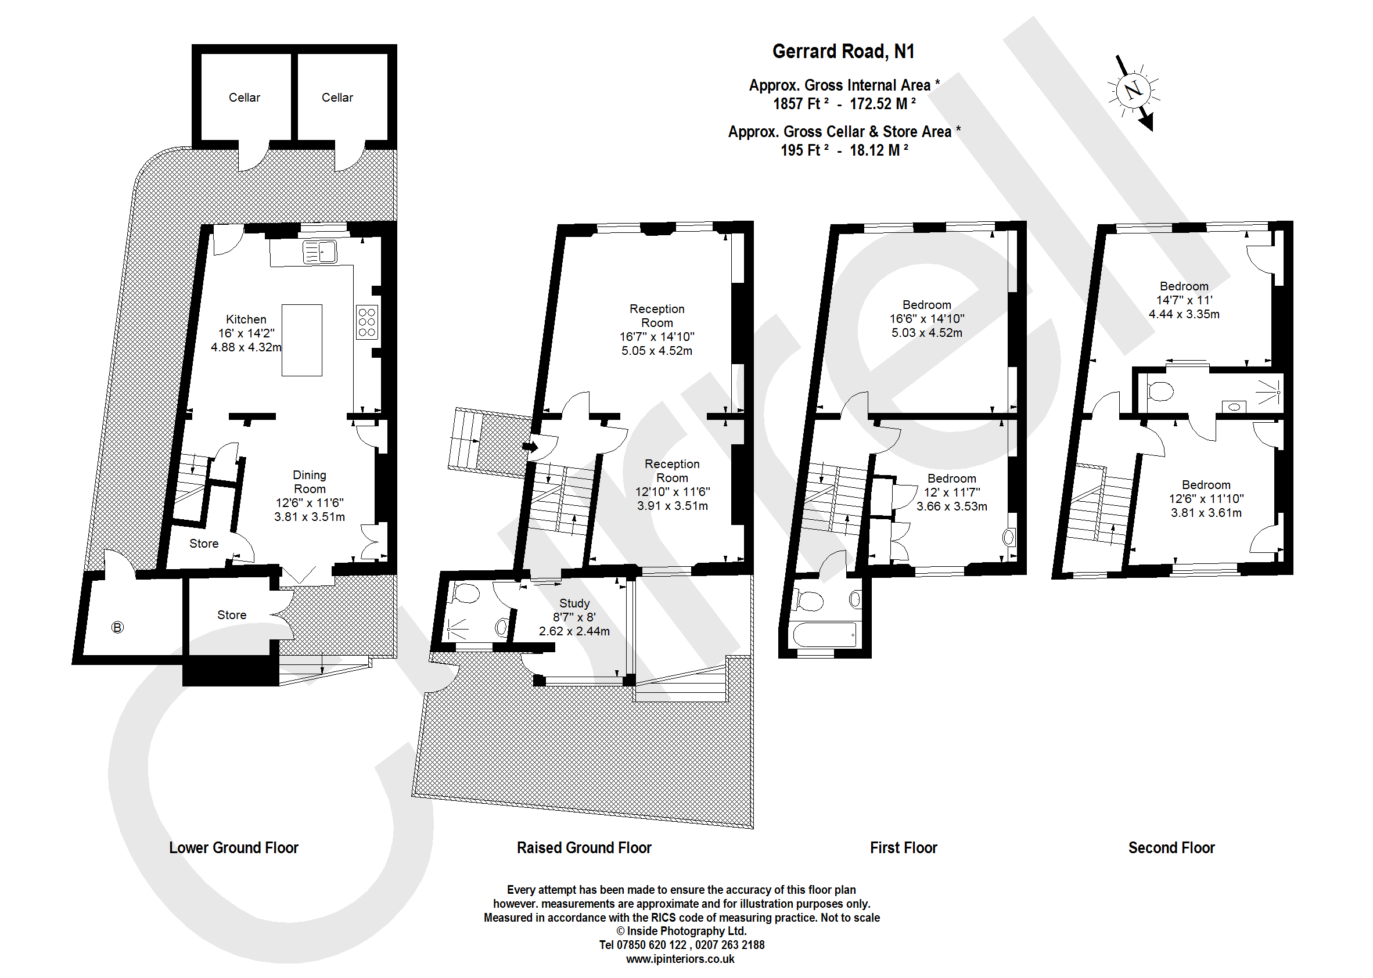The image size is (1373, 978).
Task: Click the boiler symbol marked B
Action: (x=117, y=627)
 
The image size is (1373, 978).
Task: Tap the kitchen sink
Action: (x=319, y=251)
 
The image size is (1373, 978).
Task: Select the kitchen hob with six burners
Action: (x=366, y=322)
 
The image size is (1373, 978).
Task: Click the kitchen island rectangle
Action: (x=301, y=340)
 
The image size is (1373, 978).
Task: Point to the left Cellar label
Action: (x=244, y=98)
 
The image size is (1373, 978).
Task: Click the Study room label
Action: (x=574, y=603)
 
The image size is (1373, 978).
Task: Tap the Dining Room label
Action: (x=310, y=482)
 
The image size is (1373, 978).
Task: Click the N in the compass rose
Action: (x=1133, y=91)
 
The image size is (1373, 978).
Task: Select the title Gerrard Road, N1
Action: (x=843, y=52)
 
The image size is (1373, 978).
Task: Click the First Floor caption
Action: (x=903, y=847)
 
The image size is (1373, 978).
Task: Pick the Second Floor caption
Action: (x=1171, y=847)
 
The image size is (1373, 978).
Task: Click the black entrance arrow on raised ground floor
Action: (x=530, y=446)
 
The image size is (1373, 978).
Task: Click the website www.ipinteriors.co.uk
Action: (x=680, y=959)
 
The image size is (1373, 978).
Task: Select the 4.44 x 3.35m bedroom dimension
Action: (x=1183, y=314)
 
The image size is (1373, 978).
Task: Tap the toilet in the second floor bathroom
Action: (x=1160, y=391)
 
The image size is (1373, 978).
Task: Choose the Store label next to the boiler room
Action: (x=232, y=615)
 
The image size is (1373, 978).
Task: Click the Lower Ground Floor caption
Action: (x=233, y=847)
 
